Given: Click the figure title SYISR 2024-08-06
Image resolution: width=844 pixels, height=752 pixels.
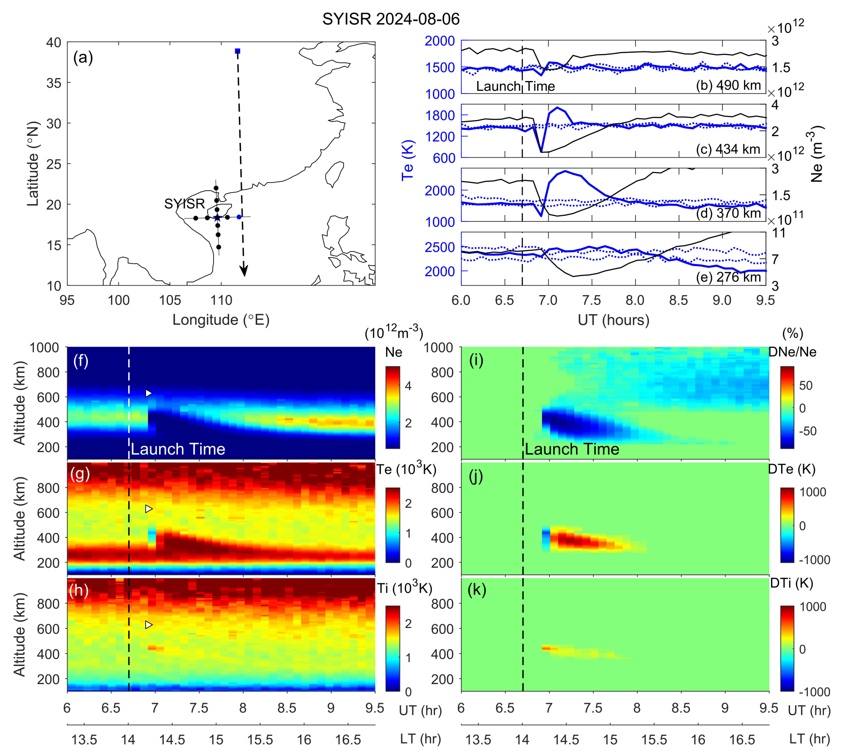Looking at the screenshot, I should click(x=391, y=19).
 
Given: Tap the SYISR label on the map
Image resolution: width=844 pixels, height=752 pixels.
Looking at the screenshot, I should click(x=184, y=204).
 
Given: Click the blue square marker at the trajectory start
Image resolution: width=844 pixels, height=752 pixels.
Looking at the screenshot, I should click(x=238, y=51).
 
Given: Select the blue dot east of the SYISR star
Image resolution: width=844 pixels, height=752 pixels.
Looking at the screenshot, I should click(x=239, y=217).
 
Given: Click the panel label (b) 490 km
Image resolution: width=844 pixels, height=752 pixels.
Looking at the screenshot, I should click(x=728, y=85).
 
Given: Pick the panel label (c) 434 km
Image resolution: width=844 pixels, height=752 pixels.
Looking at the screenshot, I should click(x=728, y=149).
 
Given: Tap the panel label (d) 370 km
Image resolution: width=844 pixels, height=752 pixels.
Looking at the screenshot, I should click(x=728, y=213).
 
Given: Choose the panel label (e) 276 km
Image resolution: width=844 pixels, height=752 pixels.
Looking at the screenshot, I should click(x=728, y=277).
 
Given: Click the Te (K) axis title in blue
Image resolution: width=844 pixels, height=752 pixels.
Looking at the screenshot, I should click(x=408, y=160).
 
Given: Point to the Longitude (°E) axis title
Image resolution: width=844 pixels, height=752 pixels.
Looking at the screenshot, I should click(x=221, y=320).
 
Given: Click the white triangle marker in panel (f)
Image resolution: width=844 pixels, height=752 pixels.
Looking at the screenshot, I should click(x=149, y=393).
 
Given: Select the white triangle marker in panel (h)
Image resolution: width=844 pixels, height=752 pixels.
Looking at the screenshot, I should click(x=149, y=625).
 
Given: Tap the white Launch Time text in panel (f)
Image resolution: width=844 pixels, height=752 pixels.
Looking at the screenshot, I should click(x=178, y=449).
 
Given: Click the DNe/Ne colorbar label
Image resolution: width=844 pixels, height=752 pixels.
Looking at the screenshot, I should click(x=792, y=352).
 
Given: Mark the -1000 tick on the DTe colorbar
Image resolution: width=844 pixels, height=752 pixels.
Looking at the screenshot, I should click(x=814, y=560).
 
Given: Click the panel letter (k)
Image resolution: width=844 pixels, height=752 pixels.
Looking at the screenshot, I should click(x=477, y=590).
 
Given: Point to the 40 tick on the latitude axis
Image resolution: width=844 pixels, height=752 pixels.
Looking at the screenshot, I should click(x=54, y=43).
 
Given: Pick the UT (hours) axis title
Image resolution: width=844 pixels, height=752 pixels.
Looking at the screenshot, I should click(x=613, y=320).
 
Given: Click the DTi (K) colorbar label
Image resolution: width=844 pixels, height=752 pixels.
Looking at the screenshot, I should click(x=791, y=583).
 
